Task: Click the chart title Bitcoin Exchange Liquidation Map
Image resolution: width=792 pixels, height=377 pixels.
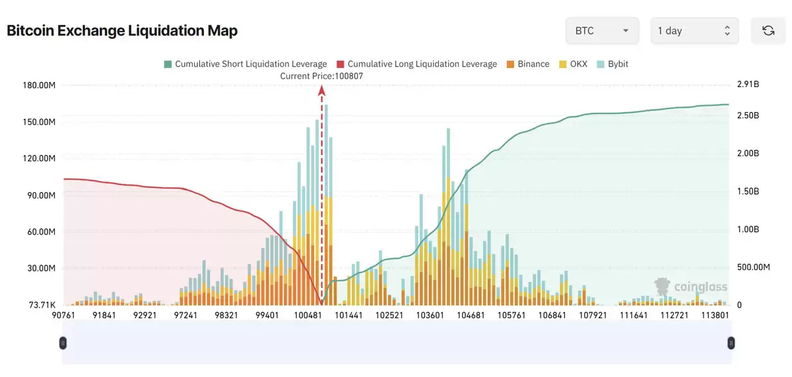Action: pyautogui.click(x=122, y=31)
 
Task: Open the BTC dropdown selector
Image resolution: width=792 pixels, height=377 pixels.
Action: pyautogui.click(x=602, y=31)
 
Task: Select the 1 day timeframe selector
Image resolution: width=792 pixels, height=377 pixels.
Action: pyautogui.click(x=694, y=31)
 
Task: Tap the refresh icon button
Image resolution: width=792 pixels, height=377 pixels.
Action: pyautogui.click(x=768, y=31)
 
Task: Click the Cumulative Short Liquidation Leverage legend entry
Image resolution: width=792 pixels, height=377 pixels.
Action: pyautogui.click(x=246, y=64)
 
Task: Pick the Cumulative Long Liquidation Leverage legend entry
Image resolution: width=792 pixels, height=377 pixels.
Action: pyautogui.click(x=416, y=64)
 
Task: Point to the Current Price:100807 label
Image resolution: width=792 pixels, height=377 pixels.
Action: pyautogui.click(x=321, y=76)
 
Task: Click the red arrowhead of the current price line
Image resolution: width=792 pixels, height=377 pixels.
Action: pyautogui.click(x=322, y=90)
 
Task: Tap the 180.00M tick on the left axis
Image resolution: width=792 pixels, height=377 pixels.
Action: pyautogui.click(x=38, y=85)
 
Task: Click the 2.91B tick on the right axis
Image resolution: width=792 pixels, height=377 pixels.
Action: pyautogui.click(x=748, y=85)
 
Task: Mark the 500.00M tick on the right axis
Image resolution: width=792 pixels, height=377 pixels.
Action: pyautogui.click(x=753, y=267)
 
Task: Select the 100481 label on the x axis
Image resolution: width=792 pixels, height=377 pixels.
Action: pyautogui.click(x=308, y=316)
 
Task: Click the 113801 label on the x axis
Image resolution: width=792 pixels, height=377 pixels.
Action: pyautogui.click(x=715, y=316)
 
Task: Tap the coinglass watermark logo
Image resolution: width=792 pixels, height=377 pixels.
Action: pyautogui.click(x=690, y=286)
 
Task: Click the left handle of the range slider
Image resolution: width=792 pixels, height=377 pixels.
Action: pyautogui.click(x=63, y=343)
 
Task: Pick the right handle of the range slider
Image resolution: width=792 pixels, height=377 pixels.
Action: pyautogui.click(x=731, y=343)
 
